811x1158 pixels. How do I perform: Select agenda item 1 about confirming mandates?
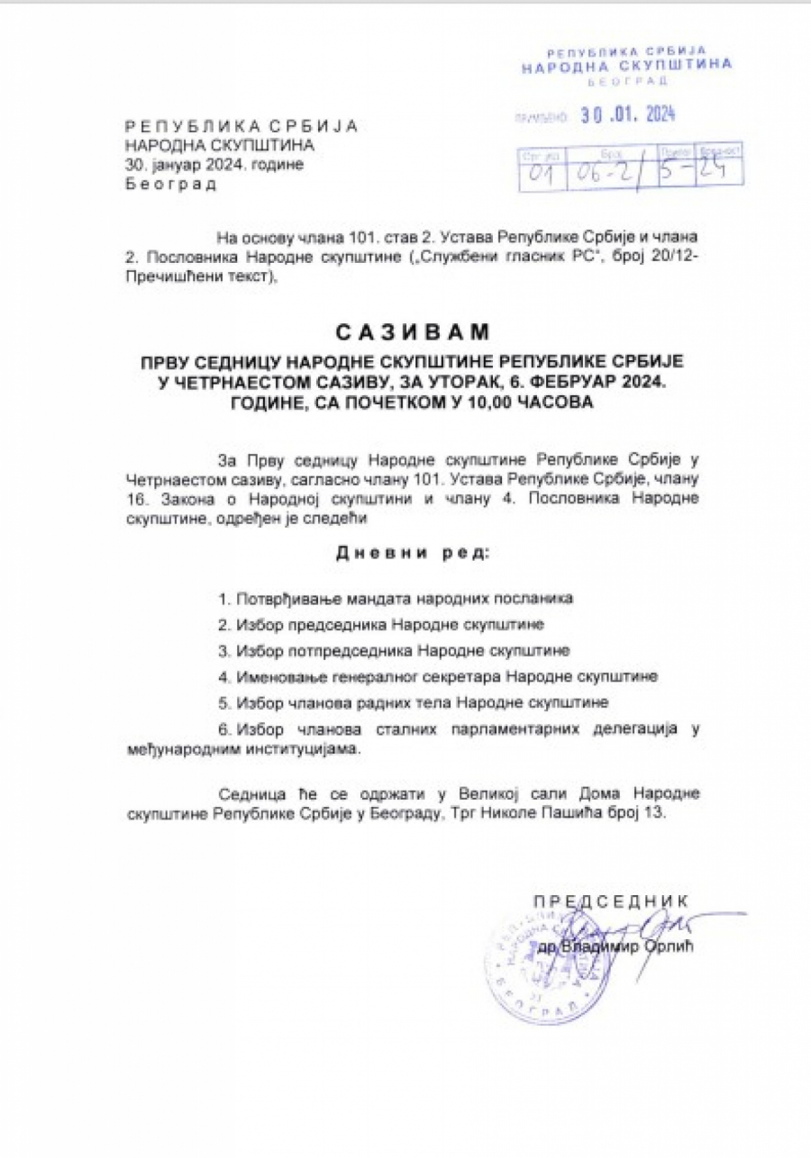point(396,598)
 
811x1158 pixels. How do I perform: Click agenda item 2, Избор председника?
point(380,623)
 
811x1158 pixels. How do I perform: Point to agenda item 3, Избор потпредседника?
point(394,649)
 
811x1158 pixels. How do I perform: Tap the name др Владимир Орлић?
point(618,947)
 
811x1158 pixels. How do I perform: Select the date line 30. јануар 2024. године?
point(214,164)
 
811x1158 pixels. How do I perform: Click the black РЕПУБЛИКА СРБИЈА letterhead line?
point(241,125)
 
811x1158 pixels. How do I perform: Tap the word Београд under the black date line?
point(171,185)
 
